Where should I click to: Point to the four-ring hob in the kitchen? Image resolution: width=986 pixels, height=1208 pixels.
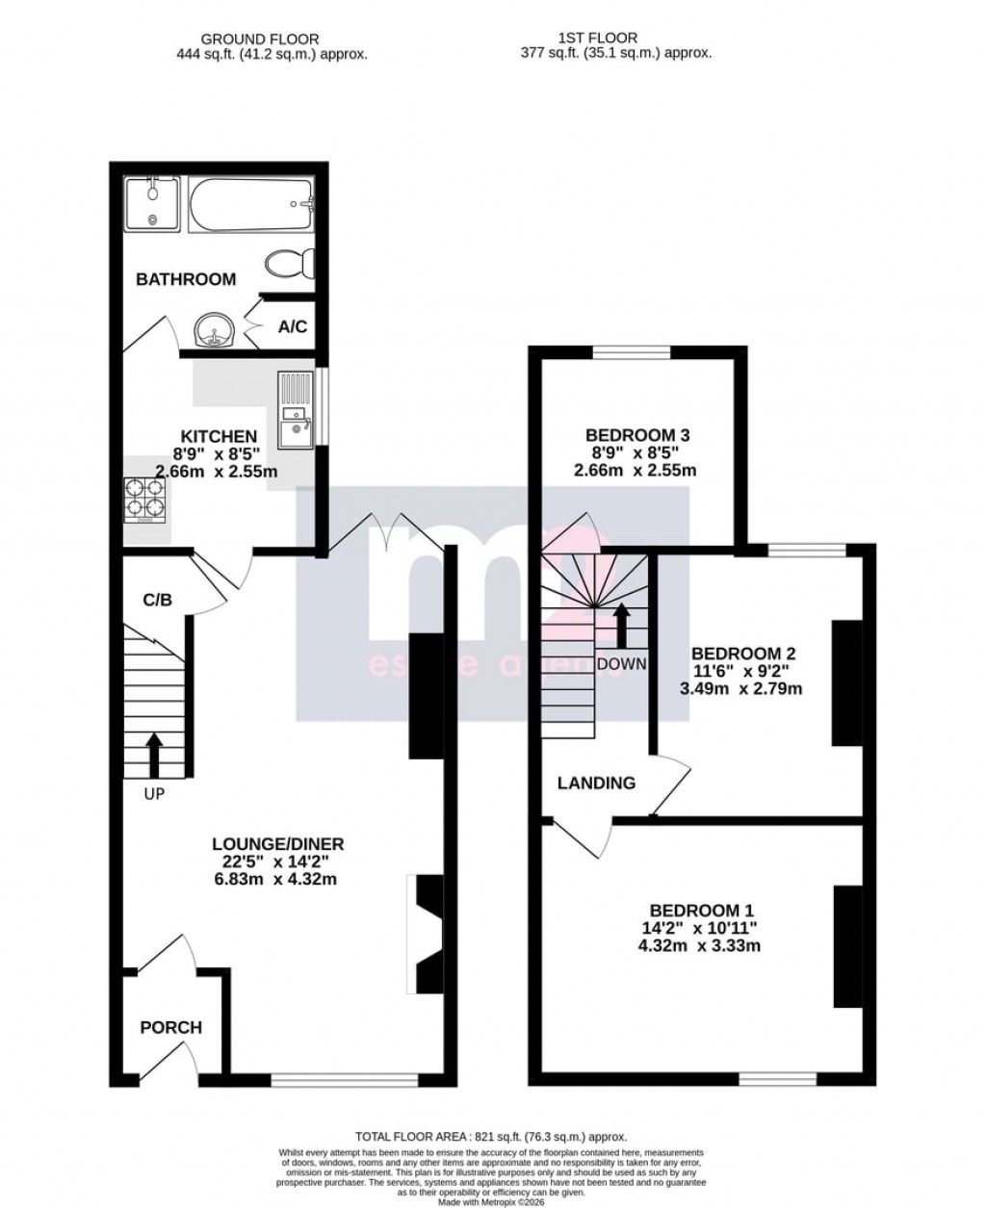pyautogui.click(x=144, y=499)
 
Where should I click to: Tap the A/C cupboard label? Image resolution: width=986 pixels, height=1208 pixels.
pyautogui.click(x=293, y=327)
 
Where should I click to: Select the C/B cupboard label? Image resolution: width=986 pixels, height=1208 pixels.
pyautogui.click(x=157, y=601)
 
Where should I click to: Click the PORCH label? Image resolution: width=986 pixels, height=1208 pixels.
pyautogui.click(x=171, y=1027)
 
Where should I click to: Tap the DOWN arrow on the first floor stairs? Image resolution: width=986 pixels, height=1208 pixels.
pyautogui.click(x=622, y=626)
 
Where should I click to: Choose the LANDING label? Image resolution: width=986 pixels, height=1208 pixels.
pyautogui.click(x=597, y=783)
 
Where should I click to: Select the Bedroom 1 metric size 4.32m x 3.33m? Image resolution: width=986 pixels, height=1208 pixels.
pyautogui.click(x=701, y=946)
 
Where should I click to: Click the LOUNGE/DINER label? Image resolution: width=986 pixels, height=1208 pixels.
pyautogui.click(x=278, y=844)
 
